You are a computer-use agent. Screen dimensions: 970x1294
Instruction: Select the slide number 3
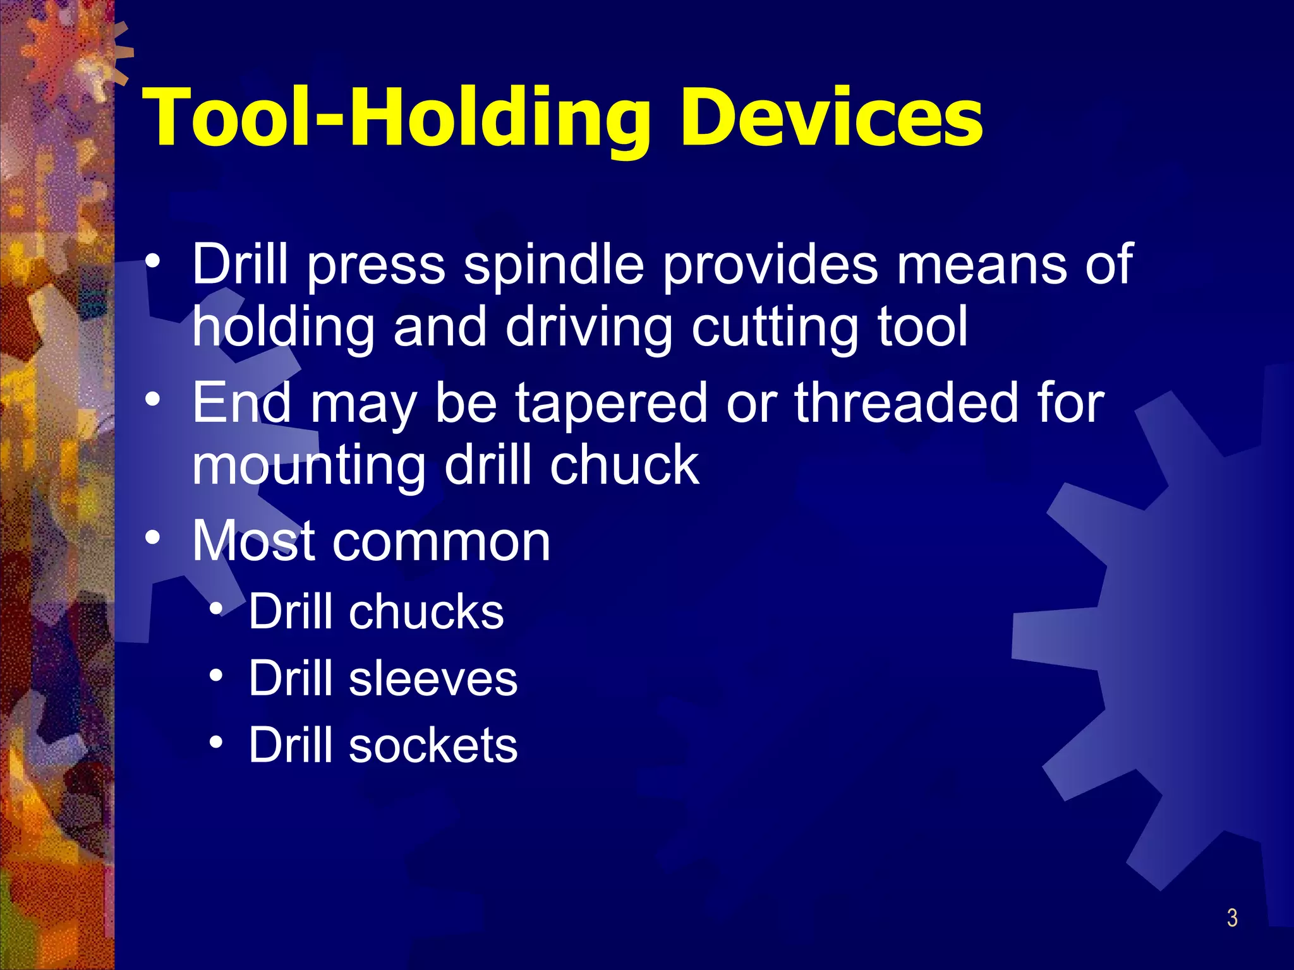1232,918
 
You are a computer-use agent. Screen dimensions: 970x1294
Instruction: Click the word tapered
612,404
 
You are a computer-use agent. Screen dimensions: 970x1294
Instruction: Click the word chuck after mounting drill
624,465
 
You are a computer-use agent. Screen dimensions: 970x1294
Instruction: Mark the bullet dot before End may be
152,400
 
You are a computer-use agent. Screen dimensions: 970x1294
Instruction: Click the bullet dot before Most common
152,537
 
